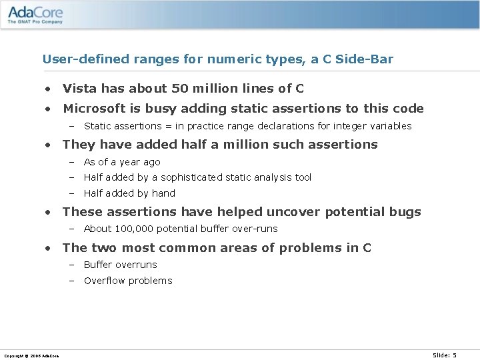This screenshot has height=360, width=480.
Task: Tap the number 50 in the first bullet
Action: point(179,89)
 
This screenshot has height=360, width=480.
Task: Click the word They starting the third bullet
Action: point(78,144)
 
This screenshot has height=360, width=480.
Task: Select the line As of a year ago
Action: point(122,162)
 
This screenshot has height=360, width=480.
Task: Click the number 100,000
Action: point(138,229)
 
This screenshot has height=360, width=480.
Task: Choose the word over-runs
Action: point(255,229)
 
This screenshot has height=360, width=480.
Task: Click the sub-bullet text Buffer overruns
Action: point(121,265)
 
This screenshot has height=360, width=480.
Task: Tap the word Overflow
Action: point(105,281)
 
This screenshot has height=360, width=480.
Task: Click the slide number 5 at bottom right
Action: point(455,355)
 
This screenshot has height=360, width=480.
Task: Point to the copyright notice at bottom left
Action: point(31,355)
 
